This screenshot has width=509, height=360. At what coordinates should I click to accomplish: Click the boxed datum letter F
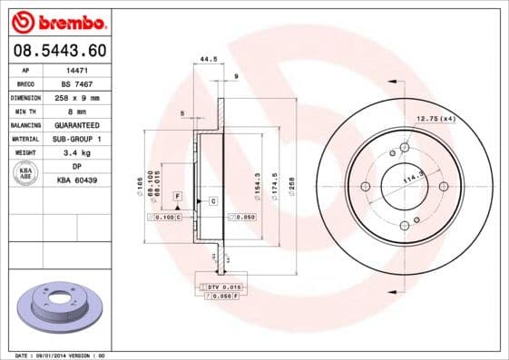point(177,196)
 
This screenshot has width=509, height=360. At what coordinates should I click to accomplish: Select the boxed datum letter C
point(213,200)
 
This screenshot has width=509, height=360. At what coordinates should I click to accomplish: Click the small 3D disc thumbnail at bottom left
point(58,308)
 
